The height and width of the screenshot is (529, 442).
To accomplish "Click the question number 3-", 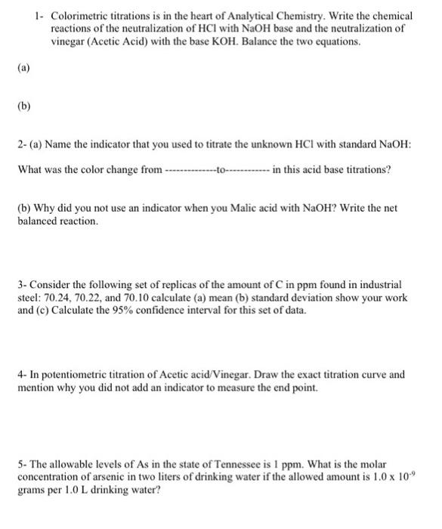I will click(23, 285).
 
